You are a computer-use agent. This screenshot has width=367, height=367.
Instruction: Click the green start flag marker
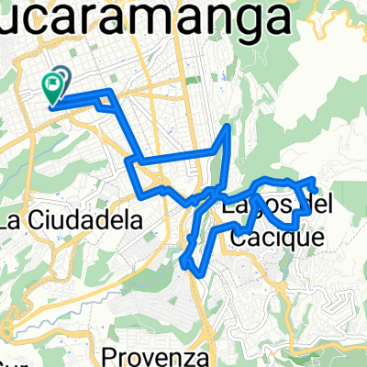point(51,87)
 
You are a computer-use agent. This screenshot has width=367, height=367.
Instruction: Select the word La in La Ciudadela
point(14,220)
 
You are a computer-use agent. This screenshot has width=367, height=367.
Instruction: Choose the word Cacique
point(274,237)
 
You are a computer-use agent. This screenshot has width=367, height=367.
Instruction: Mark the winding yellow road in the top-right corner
point(339,18)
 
